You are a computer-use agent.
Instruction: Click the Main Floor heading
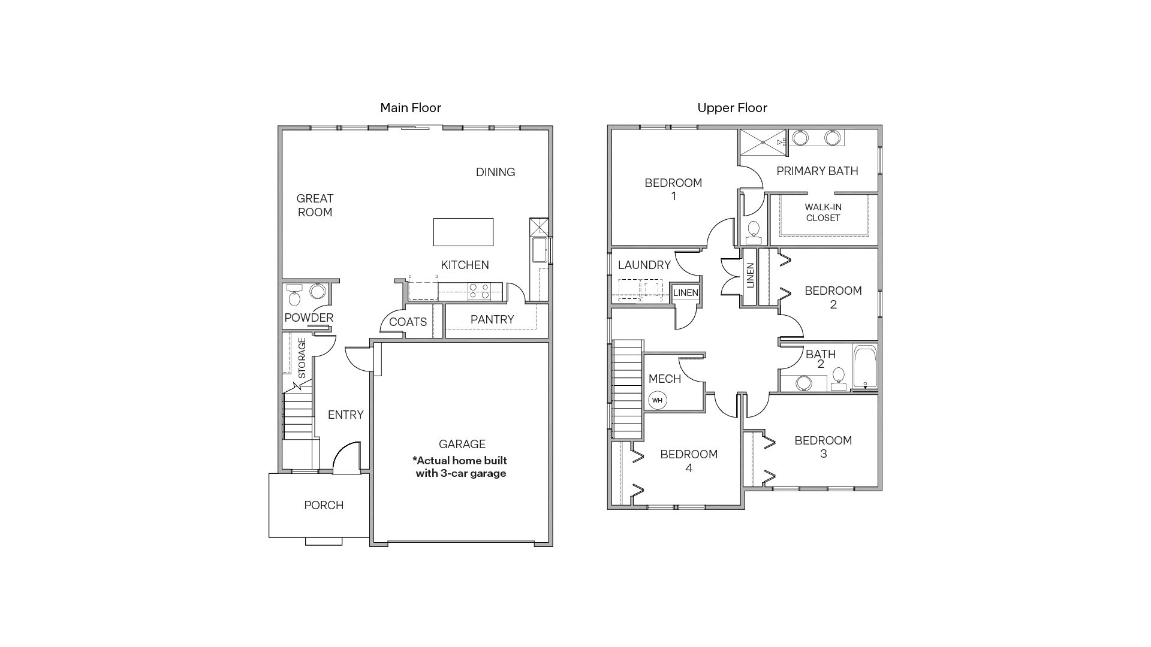point(411,108)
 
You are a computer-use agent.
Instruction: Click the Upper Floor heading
point(732,108)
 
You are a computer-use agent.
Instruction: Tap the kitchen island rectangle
point(463,232)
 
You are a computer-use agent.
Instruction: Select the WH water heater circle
point(657,400)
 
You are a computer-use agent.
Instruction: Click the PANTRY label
point(492,319)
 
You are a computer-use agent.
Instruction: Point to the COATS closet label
point(408,322)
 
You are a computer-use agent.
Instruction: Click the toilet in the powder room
point(294,296)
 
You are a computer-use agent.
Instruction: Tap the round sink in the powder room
point(318,292)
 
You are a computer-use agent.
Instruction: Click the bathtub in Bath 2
point(864,366)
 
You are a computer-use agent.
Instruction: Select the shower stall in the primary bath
point(762,143)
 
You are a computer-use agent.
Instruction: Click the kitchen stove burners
point(480,291)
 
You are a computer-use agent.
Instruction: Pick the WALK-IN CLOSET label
point(822,213)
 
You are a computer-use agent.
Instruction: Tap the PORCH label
point(324,505)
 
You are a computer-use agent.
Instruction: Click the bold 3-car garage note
point(460,467)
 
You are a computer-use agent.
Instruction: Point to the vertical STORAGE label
point(302,358)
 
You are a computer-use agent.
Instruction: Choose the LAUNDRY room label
point(644,265)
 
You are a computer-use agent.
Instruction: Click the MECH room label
point(664,379)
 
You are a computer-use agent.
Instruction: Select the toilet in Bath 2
point(839,377)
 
